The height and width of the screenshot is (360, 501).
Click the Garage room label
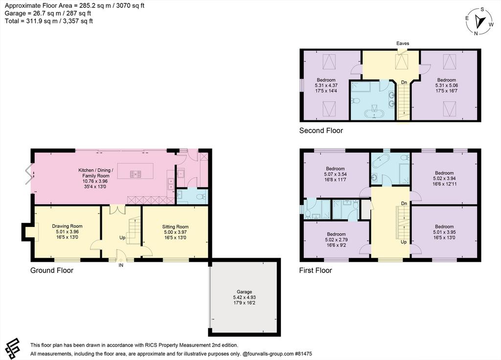click(x=245, y=292)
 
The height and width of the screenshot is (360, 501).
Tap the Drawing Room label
click(x=67, y=226)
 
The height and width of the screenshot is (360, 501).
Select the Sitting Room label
click(x=175, y=227)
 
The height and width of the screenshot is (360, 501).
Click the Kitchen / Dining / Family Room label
click(x=96, y=173)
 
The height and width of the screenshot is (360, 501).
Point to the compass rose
click(x=479, y=22)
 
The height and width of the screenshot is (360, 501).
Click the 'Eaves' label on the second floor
click(x=403, y=44)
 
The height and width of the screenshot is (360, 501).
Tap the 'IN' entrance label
click(x=121, y=265)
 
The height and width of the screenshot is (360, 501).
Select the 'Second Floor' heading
click(x=321, y=130)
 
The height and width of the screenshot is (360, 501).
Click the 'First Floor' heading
click(x=316, y=270)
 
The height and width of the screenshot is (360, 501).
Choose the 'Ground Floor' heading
click(x=52, y=270)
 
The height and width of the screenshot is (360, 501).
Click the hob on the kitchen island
click(x=136, y=174)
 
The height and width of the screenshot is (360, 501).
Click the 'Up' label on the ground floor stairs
click(x=122, y=238)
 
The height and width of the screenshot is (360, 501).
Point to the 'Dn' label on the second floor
click(x=404, y=82)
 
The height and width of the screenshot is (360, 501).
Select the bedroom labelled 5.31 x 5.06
click(x=446, y=85)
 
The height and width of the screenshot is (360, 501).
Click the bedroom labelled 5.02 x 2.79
click(x=336, y=240)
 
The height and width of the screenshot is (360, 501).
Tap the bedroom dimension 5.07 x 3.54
click(x=335, y=175)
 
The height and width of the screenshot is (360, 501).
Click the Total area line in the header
click(x=49, y=21)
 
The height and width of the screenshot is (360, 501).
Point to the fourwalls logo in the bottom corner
click(x=12, y=348)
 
